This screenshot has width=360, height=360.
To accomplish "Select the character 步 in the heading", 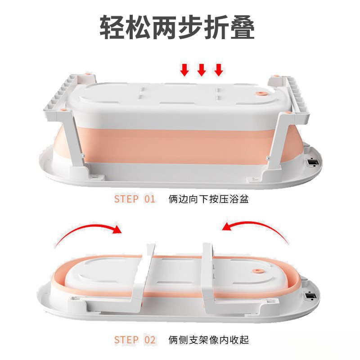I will pyautogui.click(x=193, y=28).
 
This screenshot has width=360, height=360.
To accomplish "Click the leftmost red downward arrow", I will pyautogui.click(x=184, y=69).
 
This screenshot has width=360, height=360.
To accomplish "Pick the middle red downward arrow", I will pyautogui.click(x=202, y=69).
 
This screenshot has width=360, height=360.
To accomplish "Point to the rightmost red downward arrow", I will pyautogui.click(x=219, y=69).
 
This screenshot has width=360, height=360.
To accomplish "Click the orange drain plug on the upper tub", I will pyautogui.click(x=261, y=93).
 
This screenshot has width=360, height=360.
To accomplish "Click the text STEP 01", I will pyautogui.click(x=135, y=199).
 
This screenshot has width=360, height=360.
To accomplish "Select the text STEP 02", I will pyautogui.click(x=135, y=339).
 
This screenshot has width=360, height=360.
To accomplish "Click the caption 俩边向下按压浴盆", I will pyautogui.click(x=208, y=199).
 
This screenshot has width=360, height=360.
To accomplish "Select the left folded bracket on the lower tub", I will pyautogui.click(x=144, y=279).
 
